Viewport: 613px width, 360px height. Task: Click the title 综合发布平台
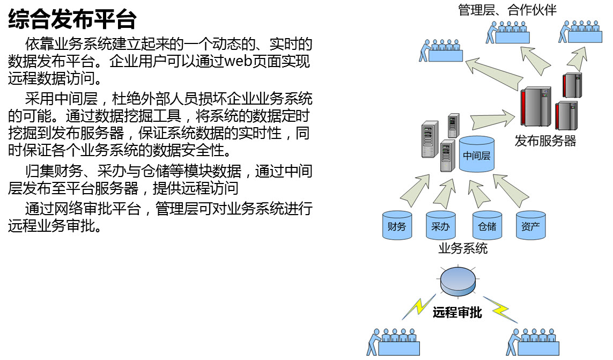pos(72,19)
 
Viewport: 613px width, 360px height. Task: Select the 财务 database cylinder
pos(397,225)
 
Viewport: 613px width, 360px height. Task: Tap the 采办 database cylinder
pos(441,225)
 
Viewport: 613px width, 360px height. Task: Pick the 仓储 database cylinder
pos(487,225)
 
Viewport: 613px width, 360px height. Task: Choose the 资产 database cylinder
pos(530,225)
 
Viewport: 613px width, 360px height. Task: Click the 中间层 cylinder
pos(477,154)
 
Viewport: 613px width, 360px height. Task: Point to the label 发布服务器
pos(545,141)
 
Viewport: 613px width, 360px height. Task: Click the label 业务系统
pos(463,248)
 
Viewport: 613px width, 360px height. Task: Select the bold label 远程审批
pos(457,312)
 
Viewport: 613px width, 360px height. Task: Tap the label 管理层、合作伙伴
pos(507,10)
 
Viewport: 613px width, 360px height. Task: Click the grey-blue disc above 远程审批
pos(458,281)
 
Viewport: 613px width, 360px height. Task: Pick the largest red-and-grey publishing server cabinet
pos(535,106)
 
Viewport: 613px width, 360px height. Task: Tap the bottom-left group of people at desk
pos(393,342)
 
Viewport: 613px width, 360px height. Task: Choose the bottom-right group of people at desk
pos(533,342)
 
